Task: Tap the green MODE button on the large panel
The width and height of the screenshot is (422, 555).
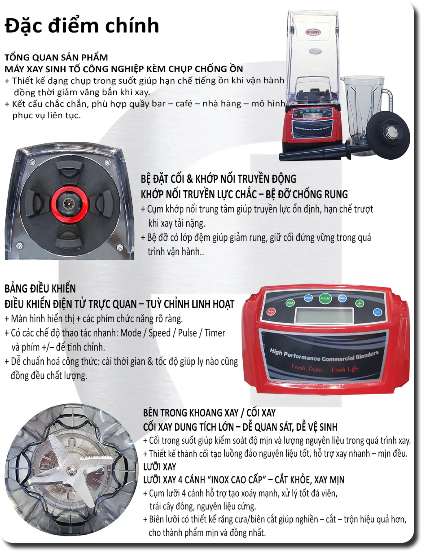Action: [x=290, y=303]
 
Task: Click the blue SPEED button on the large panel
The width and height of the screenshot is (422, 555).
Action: [x=308, y=298]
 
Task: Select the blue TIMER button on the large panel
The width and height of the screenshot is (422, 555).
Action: [x=342, y=298]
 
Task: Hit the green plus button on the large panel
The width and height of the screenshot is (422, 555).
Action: [x=360, y=303]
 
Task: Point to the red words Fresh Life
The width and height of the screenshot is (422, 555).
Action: [x=344, y=369]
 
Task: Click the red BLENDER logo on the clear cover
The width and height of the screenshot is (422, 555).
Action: [x=313, y=32]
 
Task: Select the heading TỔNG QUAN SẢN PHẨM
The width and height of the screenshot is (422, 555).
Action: [x=56, y=57]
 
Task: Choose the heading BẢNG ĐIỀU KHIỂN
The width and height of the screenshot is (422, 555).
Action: [x=40, y=288]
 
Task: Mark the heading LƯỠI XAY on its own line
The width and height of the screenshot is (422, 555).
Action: [x=160, y=467]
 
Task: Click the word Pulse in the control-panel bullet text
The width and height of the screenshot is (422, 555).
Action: [x=187, y=333]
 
